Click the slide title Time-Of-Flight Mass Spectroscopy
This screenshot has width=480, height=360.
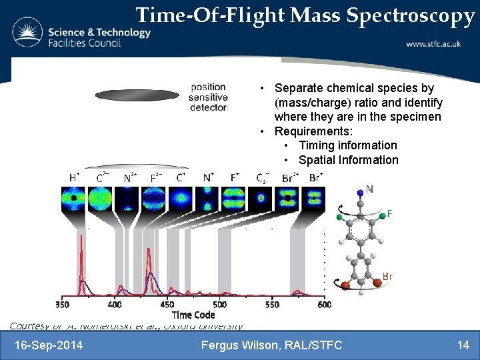click(305, 16)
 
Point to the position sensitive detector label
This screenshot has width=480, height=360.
click(208, 97)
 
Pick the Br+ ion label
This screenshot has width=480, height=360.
click(316, 177)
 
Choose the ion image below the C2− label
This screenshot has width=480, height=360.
click(262, 198)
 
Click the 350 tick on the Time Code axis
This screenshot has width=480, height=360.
click(62, 304)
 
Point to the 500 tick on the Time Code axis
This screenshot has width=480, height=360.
click(219, 304)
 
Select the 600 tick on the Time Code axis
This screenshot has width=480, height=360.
click(324, 304)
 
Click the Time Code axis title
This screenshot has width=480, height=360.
click(193, 315)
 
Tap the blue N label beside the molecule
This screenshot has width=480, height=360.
click(369, 189)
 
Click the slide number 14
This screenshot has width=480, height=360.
click(463, 345)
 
